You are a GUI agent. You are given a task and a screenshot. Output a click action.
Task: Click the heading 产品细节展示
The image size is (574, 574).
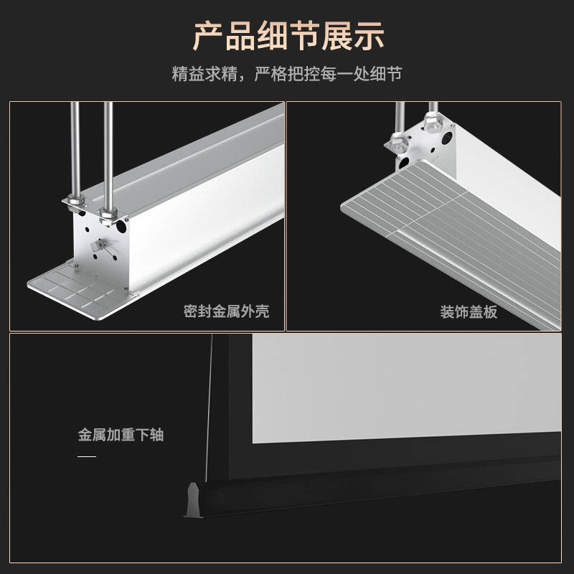click(288, 36)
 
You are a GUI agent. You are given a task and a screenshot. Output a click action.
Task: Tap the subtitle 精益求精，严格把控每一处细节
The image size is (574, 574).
click(287, 74)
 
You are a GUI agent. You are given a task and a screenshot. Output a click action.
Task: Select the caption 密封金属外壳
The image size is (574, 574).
click(226, 311)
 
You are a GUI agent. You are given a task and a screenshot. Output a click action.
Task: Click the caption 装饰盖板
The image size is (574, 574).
click(469, 312)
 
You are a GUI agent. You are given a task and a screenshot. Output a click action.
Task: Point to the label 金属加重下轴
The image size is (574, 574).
click(121, 435)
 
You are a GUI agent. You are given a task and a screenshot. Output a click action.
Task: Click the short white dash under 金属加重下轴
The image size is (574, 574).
click(87, 456)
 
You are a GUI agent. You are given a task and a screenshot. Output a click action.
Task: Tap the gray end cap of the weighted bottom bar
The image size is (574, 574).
click(193, 500)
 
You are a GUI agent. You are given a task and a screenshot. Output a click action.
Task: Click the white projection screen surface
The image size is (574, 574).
click(406, 388)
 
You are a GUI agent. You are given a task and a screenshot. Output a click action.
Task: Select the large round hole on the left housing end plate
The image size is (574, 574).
click(121, 227)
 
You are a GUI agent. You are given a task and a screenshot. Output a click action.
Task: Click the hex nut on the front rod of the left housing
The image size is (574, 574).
click(108, 214)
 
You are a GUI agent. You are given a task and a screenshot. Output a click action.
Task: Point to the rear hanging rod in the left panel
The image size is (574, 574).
click(75, 150)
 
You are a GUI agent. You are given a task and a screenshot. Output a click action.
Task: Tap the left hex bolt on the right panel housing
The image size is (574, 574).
click(399, 143)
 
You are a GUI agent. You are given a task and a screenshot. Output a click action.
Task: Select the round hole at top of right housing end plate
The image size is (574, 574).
click(447, 138)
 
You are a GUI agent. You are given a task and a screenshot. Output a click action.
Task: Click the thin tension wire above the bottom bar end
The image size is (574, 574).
click(209, 408)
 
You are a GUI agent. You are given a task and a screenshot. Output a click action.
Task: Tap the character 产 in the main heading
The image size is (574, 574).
click(208, 36)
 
